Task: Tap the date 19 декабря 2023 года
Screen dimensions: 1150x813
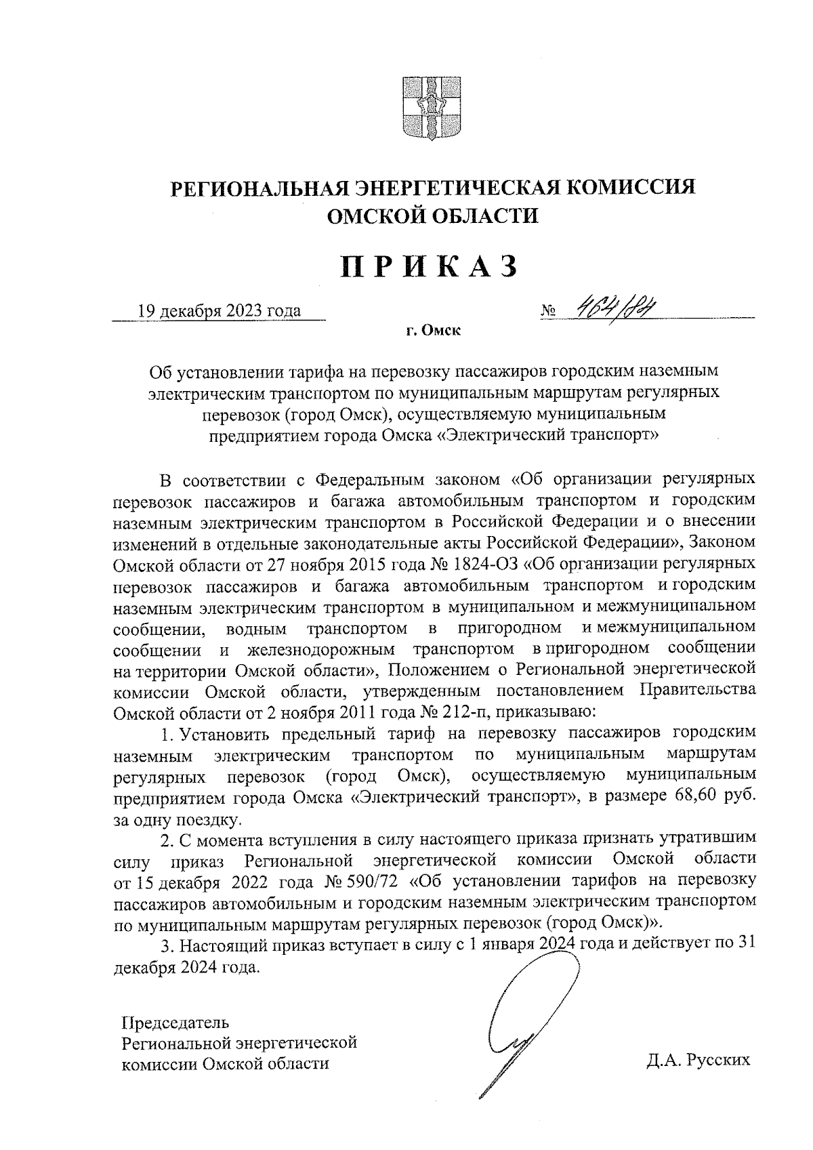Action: tap(219, 311)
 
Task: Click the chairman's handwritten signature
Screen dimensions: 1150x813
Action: tap(522, 1016)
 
